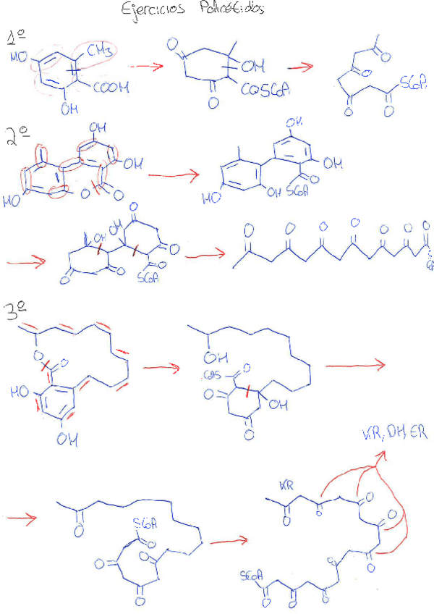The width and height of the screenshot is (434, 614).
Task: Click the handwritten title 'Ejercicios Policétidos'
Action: pyautogui.click(x=192, y=9)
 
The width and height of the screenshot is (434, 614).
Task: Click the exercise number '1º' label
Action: pyautogui.click(x=16, y=38)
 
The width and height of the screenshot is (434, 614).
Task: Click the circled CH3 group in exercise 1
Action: pyautogui.click(x=99, y=51)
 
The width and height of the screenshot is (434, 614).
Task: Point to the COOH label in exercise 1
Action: pyautogui.click(x=111, y=88)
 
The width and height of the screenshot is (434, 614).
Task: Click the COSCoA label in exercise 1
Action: pyautogui.click(x=265, y=91)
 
